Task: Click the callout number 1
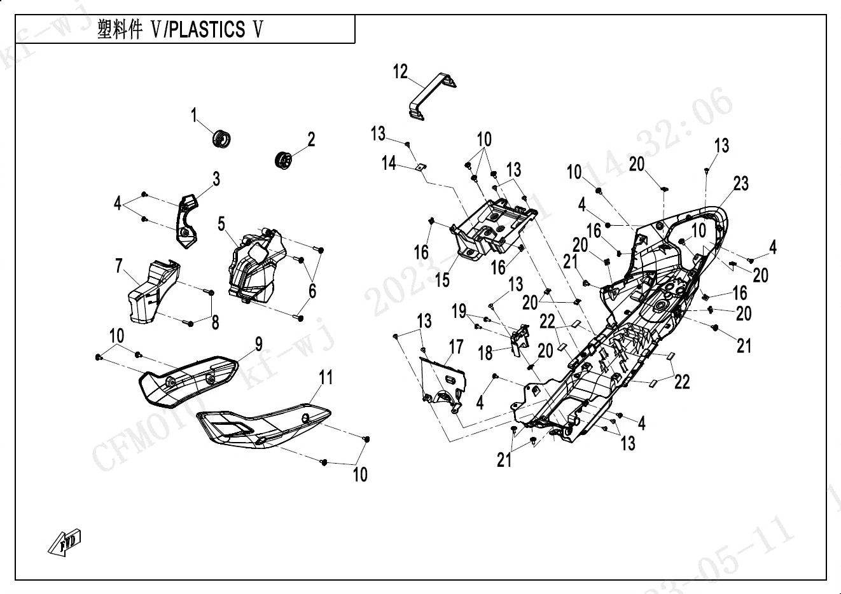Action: (x=194, y=116)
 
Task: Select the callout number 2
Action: (x=311, y=139)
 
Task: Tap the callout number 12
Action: (x=400, y=72)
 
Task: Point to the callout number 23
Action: (x=741, y=184)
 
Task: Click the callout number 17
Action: (x=455, y=347)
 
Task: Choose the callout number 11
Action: (x=325, y=378)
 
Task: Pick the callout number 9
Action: (x=258, y=345)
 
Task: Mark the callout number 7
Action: (x=119, y=266)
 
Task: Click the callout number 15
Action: (x=442, y=279)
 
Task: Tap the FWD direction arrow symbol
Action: (x=64, y=542)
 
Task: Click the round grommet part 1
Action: (x=221, y=137)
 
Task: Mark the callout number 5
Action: (x=221, y=224)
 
